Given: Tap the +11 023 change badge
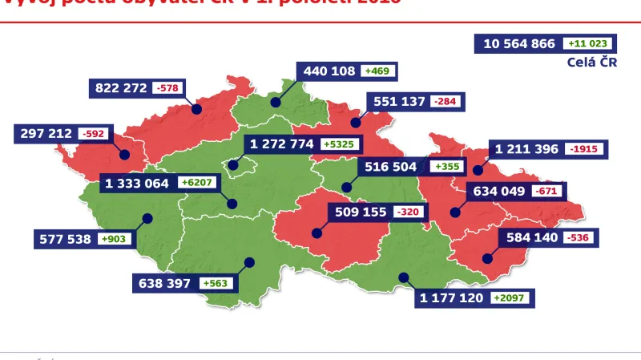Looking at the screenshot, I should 588,44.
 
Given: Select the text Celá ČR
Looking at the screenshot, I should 591,63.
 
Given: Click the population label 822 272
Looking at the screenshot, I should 121,87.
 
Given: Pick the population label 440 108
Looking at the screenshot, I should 329,71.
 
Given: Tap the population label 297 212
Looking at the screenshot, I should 43,133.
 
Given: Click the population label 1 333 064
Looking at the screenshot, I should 137,183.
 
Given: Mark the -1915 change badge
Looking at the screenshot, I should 587,149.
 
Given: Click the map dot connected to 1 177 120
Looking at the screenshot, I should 403,277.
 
